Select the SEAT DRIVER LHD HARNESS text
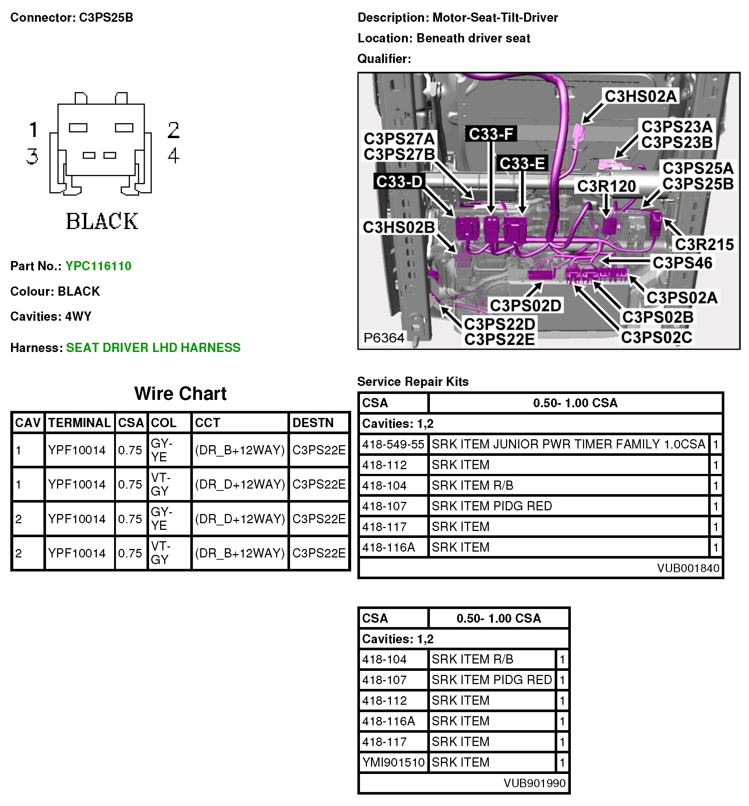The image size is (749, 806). coord(153,348)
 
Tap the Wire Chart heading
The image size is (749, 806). coord(180,393)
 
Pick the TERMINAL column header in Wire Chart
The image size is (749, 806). coord(80,423)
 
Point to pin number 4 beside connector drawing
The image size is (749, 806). coord(173,156)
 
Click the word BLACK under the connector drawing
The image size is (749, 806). coord(102,221)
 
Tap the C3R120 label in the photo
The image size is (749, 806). coord(606,186)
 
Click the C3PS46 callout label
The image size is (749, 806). coord(682,263)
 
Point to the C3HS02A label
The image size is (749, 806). coord(640,96)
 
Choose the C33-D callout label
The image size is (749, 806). coord(399,181)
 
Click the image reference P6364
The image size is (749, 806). coord(384,337)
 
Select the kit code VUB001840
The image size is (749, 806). coord(688,568)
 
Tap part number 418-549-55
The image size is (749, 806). coord(393,444)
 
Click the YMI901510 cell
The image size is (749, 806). coord(393,762)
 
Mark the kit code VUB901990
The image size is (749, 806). coord(534,783)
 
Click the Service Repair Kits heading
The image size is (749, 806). coord(413,381)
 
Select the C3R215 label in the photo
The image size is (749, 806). coord(704,244)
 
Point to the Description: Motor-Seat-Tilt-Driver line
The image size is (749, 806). coord(457,17)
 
